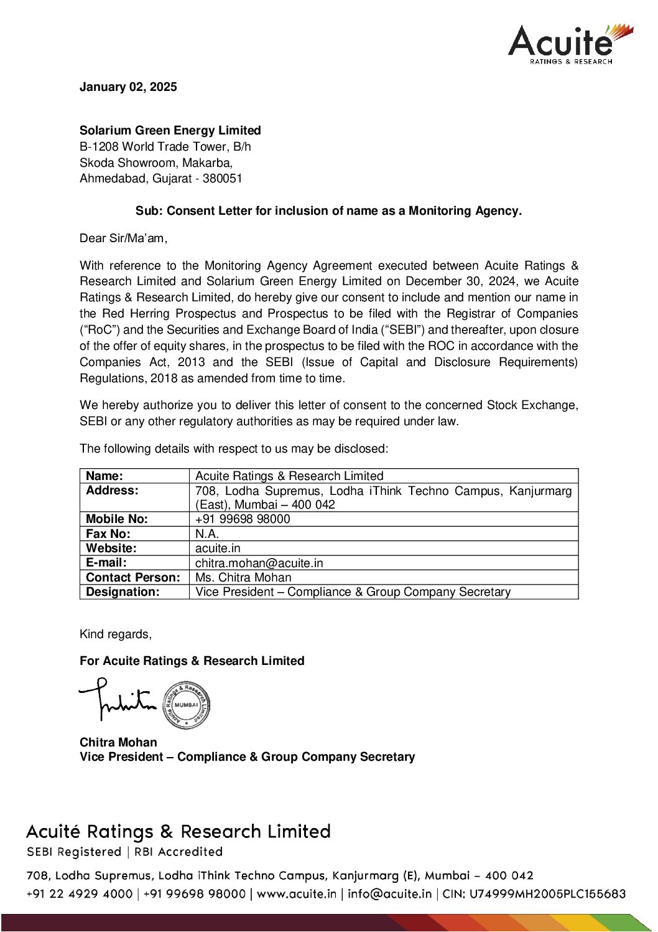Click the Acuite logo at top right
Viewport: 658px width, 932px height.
pos(570,44)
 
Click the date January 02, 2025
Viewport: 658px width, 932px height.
pos(128,87)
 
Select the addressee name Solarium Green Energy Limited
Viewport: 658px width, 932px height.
pos(170,131)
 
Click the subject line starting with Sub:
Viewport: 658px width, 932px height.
pos(328,211)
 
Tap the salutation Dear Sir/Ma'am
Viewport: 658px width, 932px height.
pos(123,238)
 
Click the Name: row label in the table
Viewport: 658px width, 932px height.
pos(104,476)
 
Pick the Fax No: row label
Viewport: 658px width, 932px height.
pos(108,534)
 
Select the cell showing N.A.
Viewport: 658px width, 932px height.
pos(207,534)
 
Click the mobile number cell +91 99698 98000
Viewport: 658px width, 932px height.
pos(243,519)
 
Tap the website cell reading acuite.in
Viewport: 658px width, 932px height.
pos(218,548)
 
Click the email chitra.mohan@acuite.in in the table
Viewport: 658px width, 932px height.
pos(259,563)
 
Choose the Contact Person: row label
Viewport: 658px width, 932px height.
pos(133,578)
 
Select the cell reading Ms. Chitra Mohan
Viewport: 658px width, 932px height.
pos(243,578)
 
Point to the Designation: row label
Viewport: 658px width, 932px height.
pos(123,592)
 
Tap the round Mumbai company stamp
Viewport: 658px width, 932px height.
pos(186,705)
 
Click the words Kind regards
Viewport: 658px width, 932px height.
pos(115,634)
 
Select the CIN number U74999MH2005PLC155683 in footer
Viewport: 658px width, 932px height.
pos(547,894)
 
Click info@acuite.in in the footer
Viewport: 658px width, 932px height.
pos(389,894)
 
